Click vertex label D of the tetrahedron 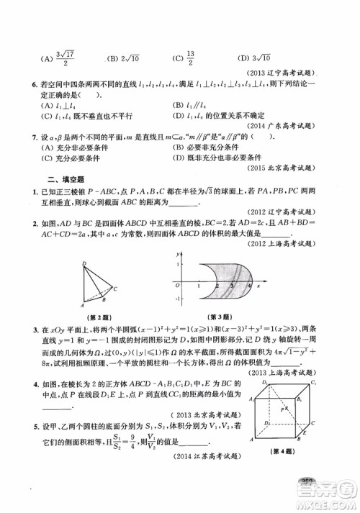(x=84, y=263)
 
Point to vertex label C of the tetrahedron (x=116, y=288)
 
